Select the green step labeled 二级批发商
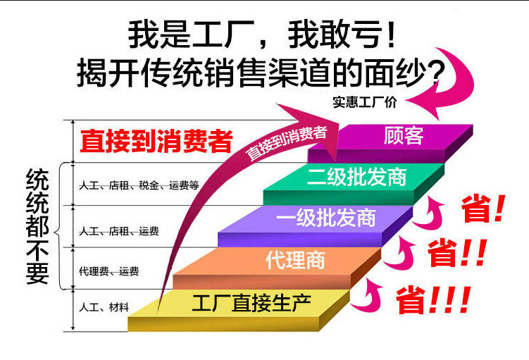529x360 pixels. tap(354, 184)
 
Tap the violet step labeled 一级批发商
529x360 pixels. tap(316, 225)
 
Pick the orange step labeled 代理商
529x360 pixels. tap(278, 267)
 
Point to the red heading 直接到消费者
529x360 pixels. tap(156, 141)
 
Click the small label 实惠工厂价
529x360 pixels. tap(365, 102)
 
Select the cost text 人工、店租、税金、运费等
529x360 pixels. tap(139, 185)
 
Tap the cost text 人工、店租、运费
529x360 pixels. tap(119, 231)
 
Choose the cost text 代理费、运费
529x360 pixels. tap(108, 271)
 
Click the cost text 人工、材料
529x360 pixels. tap(104, 307)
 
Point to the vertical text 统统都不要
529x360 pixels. tap(37, 226)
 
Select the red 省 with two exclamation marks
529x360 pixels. tap(457, 253)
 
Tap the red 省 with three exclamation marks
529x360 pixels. tap(433, 300)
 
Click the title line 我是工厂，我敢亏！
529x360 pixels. tap(261, 35)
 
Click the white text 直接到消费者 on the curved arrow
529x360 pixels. tap(286, 143)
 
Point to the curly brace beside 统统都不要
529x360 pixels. tap(59, 226)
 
